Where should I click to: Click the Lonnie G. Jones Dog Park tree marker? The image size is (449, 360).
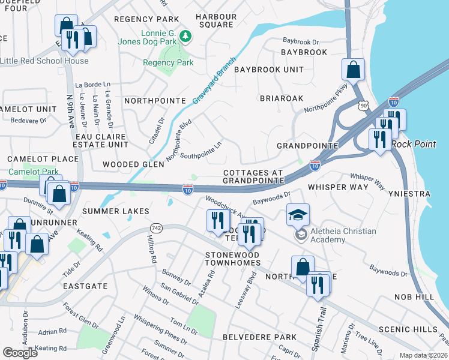coord(186,37)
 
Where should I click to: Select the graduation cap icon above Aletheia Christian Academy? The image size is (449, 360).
coord(298,214)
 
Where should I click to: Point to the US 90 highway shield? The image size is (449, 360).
coord(363,106)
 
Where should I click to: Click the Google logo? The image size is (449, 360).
coord(20,352)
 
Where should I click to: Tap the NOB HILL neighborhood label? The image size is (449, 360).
coord(414,297)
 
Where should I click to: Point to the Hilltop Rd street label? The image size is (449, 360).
coord(151,249)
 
